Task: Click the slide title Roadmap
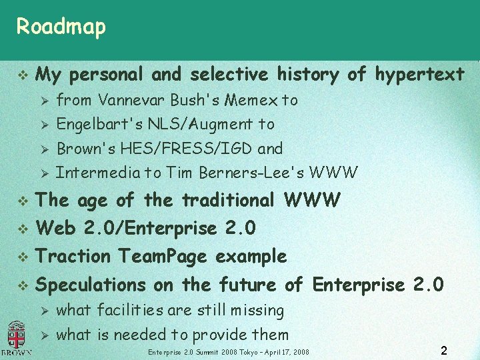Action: click(61, 27)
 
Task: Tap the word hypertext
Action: click(420, 74)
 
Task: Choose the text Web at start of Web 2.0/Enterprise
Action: click(56, 228)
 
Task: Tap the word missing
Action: click(257, 310)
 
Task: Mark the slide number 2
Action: click(444, 349)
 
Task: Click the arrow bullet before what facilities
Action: click(43, 311)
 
